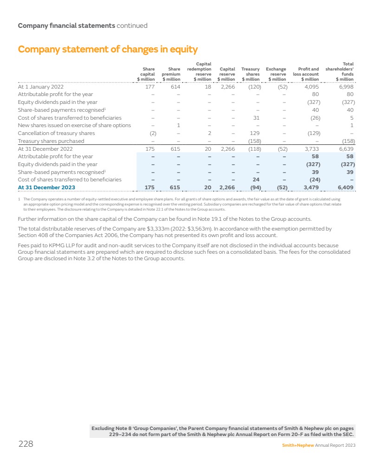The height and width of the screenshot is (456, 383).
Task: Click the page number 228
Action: [26, 444]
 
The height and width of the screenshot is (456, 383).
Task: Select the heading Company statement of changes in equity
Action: [108, 49]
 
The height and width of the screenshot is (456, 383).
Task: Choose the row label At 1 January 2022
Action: [41, 86]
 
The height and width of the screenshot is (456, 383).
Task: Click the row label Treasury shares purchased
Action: [51, 141]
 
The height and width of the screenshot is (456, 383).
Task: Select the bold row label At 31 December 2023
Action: [46, 187]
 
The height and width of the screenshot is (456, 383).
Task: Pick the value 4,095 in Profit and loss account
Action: [311, 86]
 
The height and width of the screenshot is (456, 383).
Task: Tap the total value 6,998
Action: [346, 86]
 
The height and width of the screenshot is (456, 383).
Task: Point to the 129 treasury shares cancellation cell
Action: [254, 133]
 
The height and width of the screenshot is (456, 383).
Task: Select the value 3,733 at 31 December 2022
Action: [311, 149]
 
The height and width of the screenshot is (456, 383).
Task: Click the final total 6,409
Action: [346, 187]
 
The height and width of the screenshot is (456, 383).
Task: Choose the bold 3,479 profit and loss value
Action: [310, 187]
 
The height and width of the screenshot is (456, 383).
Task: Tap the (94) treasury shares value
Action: [253, 187]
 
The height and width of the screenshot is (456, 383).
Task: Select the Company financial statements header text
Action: [66, 26]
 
